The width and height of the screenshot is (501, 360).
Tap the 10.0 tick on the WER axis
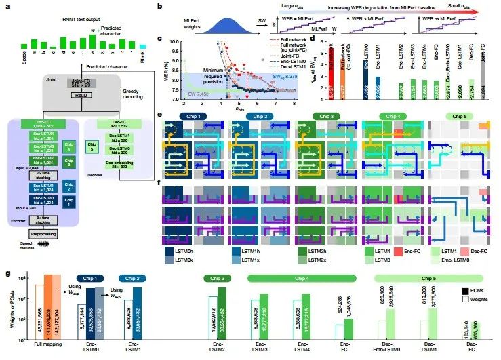coord(174,41)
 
